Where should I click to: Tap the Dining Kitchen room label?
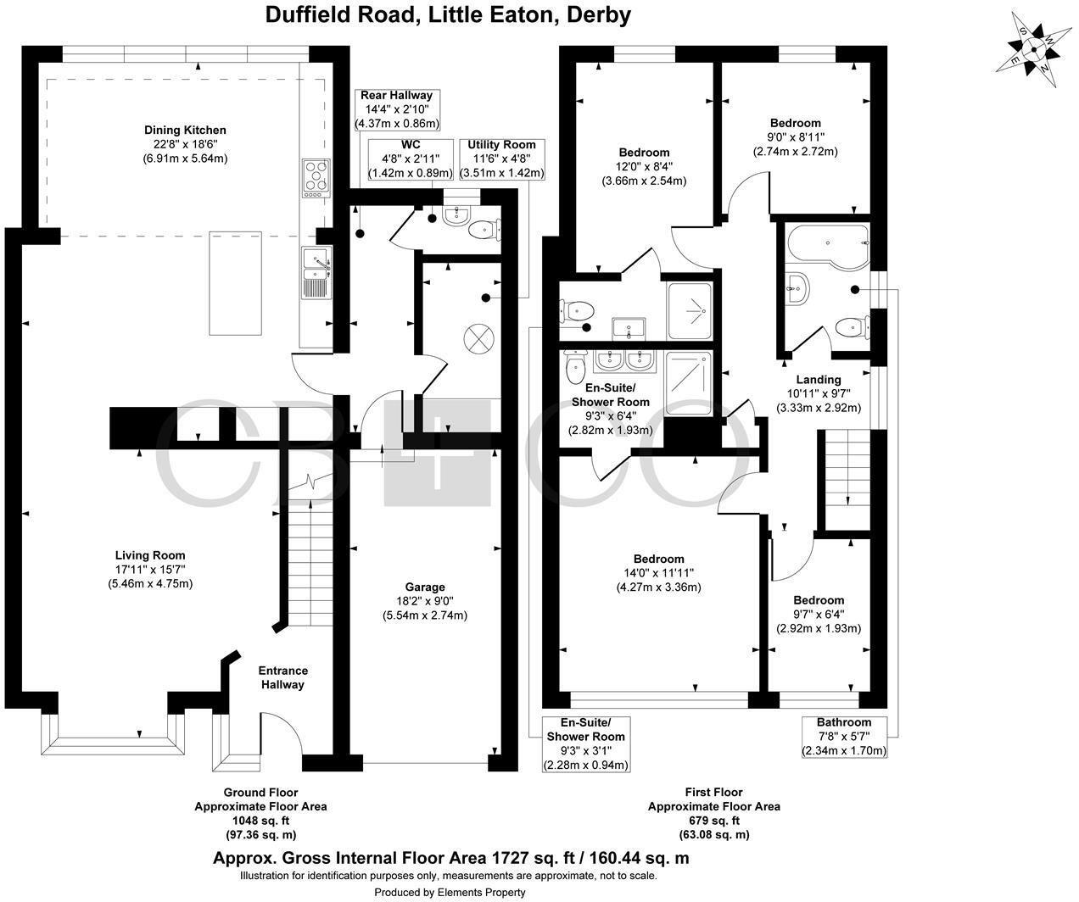coord(185,130)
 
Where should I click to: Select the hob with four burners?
coord(316,178)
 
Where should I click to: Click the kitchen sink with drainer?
coord(316,276)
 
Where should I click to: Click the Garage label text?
coord(424,587)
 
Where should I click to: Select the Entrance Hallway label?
coord(282,677)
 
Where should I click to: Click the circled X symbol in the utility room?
coord(478,340)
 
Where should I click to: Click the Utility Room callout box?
coord(501,159)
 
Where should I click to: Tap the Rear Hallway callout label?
coord(396,109)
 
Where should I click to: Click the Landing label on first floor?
coord(819,380)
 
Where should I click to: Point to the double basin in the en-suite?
coord(623,361)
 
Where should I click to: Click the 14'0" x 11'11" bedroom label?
coord(659,573)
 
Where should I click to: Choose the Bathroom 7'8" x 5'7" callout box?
coord(844,737)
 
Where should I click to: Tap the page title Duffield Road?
coord(448,14)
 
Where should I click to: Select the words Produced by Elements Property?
coord(450,892)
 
